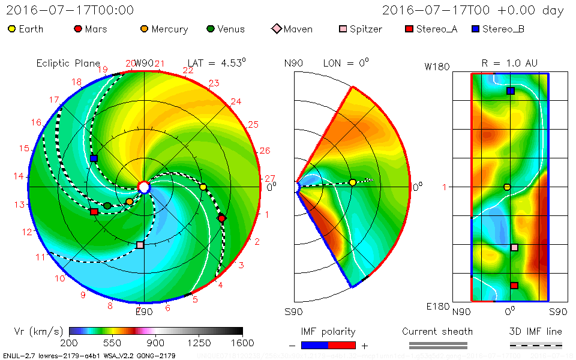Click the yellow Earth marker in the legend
pyautogui.click(x=11, y=29)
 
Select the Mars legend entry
pyautogui.click(x=77, y=29)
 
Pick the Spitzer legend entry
pyautogui.click(x=343, y=29)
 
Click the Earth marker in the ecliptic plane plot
pyautogui.click(x=203, y=187)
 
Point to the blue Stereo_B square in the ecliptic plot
pyautogui.click(x=94, y=158)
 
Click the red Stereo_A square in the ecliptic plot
pyautogui.click(x=94, y=212)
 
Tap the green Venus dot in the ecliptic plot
pyautogui.click(x=107, y=206)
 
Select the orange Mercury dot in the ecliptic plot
pyautogui.click(x=129, y=202)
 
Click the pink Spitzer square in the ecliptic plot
pyautogui.click(x=140, y=245)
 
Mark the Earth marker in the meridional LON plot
pyautogui.click(x=353, y=182)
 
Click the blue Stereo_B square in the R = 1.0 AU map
pyautogui.click(x=511, y=91)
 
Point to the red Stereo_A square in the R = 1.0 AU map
pyautogui.click(x=514, y=286)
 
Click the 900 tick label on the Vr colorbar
pyautogui.click(x=156, y=343)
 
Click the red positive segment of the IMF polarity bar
pyautogui.click(x=342, y=345)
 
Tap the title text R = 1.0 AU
pyautogui.click(x=509, y=63)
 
